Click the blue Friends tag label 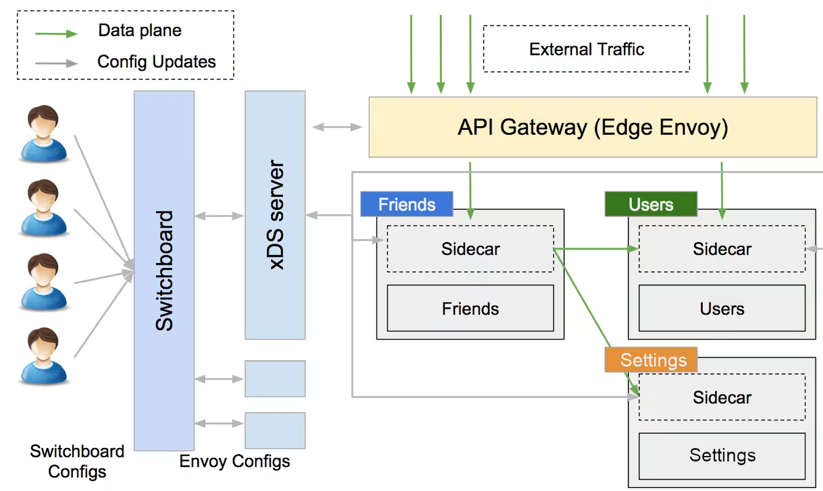407,204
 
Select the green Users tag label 651,204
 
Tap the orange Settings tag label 651,360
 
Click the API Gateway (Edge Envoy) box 592,127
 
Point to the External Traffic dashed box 586,49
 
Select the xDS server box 275,215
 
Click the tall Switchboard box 164,271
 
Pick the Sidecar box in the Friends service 470,249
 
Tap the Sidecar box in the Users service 722,249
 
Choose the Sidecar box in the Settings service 722,397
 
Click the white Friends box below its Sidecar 470,308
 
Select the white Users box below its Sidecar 722,308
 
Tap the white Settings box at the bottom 722,456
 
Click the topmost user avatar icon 44,134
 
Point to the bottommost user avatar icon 44,356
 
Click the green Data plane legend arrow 57,34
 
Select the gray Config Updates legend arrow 57,63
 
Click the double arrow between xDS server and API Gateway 337,127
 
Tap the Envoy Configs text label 235,461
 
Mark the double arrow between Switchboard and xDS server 219,216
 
